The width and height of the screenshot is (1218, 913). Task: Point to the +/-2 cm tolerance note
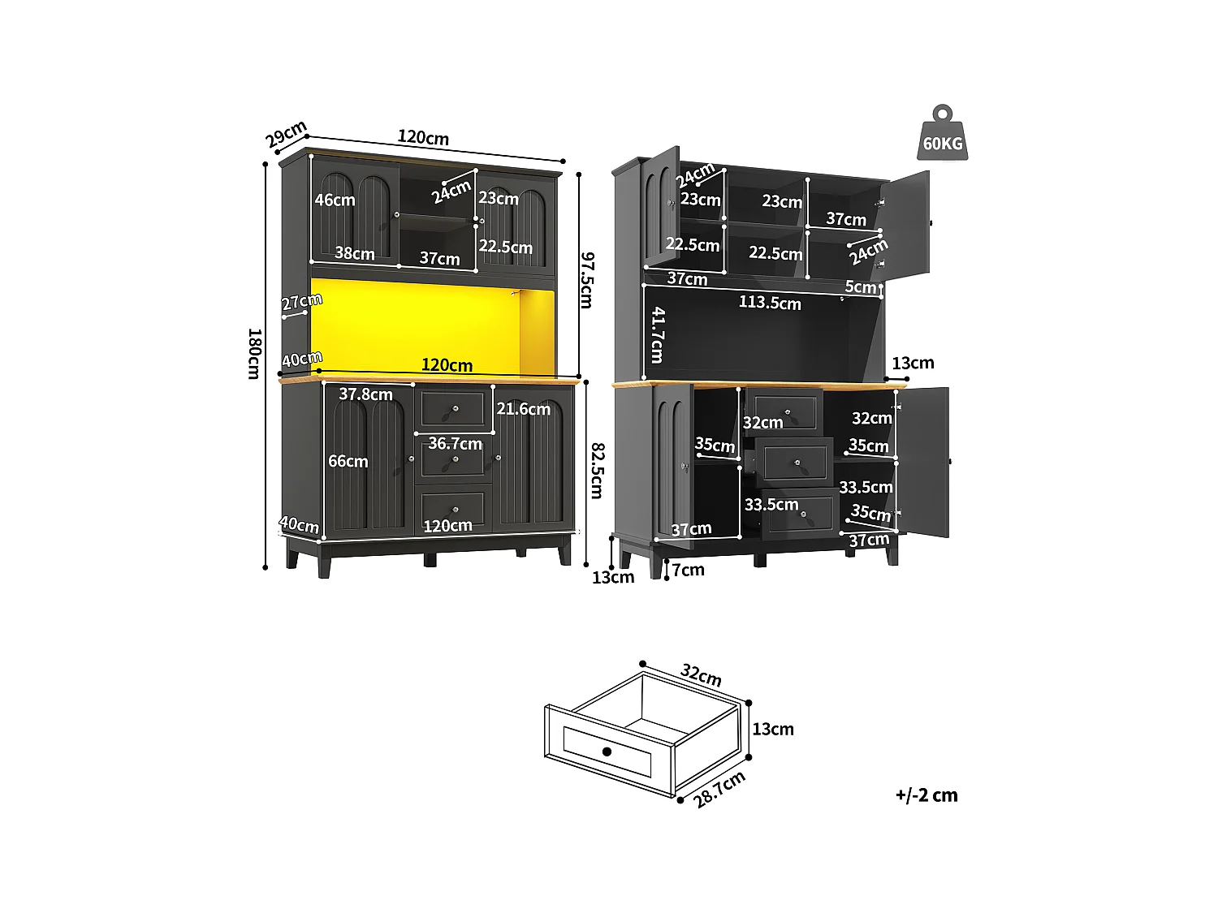926,795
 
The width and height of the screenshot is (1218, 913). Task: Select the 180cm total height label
253,353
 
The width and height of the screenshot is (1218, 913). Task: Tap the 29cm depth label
286,134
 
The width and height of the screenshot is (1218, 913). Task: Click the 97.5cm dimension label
586,280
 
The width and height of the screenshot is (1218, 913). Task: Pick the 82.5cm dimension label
597,470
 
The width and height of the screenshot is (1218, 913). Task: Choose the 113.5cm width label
769,303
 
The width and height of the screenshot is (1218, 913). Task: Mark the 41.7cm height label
657,334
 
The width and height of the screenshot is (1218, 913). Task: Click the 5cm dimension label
860,286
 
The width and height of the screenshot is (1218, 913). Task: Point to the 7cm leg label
688,570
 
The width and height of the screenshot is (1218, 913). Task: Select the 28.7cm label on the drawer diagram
719,790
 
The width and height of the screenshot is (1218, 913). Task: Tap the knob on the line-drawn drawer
607,752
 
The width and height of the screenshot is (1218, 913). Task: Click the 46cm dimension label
335,200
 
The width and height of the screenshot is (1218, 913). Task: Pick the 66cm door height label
348,461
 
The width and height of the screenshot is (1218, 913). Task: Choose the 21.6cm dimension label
523,409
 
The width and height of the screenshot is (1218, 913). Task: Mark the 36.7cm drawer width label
455,443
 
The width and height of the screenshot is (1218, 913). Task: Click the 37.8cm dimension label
365,394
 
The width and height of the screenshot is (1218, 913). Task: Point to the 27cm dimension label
301,302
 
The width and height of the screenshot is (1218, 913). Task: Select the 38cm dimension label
355,253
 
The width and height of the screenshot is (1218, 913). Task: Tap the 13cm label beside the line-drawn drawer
772,729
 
